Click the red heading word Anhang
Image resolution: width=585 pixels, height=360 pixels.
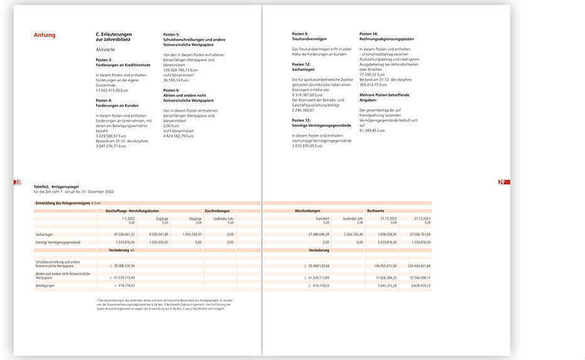45,35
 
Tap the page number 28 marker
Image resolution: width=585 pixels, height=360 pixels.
17,182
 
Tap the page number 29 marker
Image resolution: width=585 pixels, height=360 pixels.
502,182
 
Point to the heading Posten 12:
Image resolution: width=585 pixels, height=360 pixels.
302,64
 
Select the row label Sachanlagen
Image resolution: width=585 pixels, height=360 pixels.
45,234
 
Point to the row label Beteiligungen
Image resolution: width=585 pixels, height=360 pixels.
45,285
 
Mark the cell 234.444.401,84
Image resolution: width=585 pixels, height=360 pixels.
417,265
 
